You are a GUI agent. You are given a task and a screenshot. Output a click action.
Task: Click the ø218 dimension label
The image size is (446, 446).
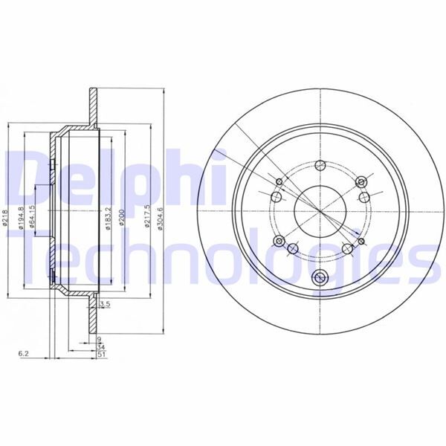tap(6, 220)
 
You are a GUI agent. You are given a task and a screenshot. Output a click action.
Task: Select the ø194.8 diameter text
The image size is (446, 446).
tap(22, 220)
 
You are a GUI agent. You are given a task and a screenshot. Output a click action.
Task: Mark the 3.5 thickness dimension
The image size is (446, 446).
tap(105, 305)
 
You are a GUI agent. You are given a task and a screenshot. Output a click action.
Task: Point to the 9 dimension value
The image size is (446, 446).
tap(99, 338)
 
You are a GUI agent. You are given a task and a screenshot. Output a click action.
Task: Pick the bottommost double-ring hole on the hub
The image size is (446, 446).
tap(321, 279)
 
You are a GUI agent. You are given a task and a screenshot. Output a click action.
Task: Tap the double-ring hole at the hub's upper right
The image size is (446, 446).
tap(361, 182)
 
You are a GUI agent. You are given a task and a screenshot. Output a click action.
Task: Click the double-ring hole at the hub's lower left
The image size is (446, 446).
tap(279, 242)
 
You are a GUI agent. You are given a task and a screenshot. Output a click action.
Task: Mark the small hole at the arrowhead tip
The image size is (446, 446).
tap(361, 242)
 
